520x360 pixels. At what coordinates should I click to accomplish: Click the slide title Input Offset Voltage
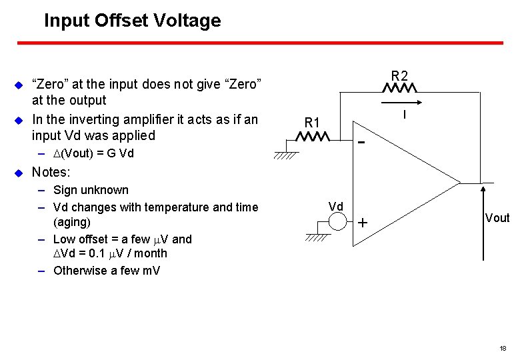[x=132, y=21]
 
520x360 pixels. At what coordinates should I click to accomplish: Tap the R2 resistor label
[x=399, y=75]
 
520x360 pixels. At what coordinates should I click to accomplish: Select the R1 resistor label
[x=312, y=123]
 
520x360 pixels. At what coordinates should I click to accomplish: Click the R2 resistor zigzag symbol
[x=399, y=88]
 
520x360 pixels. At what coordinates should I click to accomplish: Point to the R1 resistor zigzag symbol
[x=313, y=137]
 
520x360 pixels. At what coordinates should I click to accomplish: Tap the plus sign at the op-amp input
[x=362, y=223]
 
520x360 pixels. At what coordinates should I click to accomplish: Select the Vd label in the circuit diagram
[x=336, y=207]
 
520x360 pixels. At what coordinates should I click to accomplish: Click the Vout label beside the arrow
[x=497, y=218]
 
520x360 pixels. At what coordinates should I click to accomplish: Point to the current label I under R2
[x=405, y=115]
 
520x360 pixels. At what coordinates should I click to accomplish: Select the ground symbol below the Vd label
[x=318, y=237]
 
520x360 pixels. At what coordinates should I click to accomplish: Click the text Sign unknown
[x=91, y=190]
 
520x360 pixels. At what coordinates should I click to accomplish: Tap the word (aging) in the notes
[x=71, y=222]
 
